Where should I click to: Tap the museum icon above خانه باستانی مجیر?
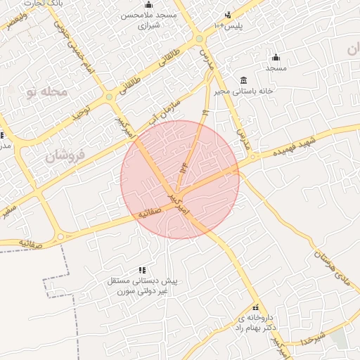click(x=244, y=79)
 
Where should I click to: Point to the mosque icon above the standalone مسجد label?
click(x=276, y=58)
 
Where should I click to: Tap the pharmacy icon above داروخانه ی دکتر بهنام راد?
click(x=255, y=307)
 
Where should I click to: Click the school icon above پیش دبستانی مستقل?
click(x=143, y=270)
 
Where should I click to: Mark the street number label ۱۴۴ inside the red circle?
click(x=185, y=169)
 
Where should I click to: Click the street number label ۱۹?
click(x=205, y=112)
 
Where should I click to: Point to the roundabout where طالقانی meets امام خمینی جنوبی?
click(x=109, y=96)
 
